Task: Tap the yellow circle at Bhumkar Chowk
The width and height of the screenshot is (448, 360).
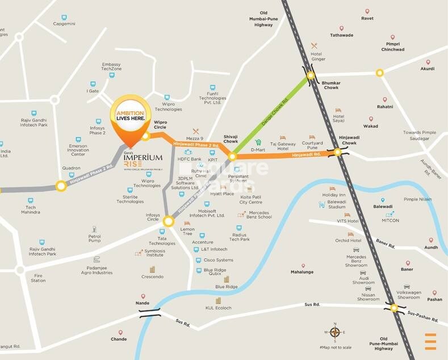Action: click(x=311, y=76)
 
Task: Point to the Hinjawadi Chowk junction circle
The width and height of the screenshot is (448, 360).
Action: click(x=338, y=152)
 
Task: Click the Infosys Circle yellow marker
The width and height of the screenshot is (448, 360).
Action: click(x=168, y=221)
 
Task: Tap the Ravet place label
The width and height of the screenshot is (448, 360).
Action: click(x=367, y=18)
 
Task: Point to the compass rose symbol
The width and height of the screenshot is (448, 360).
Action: click(x=335, y=333)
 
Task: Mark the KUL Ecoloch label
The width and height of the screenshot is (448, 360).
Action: click(x=219, y=308)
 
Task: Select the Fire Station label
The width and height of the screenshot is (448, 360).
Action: click(x=38, y=278)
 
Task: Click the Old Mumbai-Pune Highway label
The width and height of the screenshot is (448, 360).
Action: click(x=263, y=18)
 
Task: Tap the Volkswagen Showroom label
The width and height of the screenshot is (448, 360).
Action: click(x=408, y=295)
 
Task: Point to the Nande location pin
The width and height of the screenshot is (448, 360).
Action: click(x=143, y=296)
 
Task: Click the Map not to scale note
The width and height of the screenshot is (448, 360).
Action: click(x=336, y=347)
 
